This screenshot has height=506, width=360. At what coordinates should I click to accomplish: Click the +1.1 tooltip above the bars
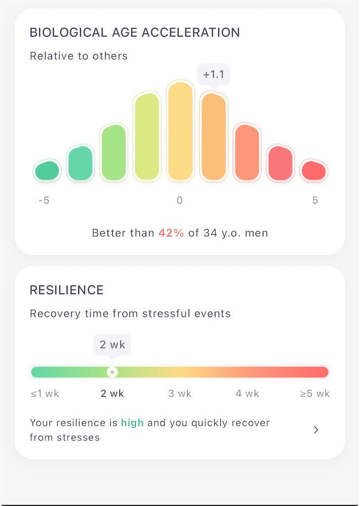click(213, 75)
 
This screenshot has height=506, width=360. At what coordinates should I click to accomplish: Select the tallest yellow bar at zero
click(180, 130)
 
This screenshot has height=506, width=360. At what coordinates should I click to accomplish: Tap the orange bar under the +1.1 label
click(213, 137)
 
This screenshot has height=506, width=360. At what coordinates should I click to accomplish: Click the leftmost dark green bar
click(47, 170)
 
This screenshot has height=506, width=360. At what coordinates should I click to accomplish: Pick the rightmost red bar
click(314, 170)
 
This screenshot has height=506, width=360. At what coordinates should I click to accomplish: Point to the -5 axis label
click(44, 201)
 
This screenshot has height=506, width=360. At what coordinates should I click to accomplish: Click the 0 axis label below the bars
click(180, 201)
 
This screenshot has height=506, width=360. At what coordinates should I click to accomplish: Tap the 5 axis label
click(315, 201)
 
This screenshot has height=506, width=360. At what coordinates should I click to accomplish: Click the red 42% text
click(171, 233)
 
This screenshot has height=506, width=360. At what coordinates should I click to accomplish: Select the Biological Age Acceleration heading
click(135, 33)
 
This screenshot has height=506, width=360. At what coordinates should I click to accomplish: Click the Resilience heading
click(67, 290)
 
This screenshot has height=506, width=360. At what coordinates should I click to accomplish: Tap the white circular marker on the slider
click(112, 372)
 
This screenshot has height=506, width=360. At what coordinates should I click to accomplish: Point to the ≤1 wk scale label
click(45, 394)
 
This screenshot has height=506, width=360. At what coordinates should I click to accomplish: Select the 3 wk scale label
click(180, 394)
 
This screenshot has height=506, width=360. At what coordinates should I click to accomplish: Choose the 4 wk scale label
click(247, 394)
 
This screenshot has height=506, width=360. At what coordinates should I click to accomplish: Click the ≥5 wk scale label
click(315, 394)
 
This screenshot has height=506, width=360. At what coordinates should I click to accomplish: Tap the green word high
click(132, 423)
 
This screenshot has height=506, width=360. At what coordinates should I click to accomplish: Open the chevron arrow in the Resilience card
click(316, 430)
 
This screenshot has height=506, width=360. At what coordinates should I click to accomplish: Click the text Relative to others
click(79, 56)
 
